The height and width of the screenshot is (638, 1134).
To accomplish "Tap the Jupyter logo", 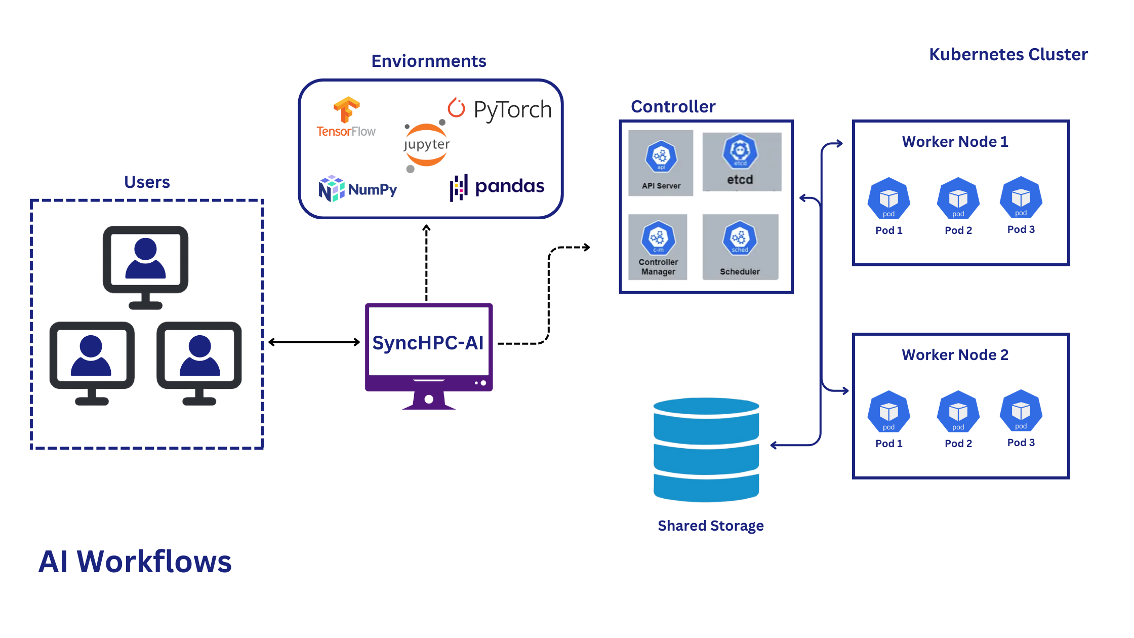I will (426, 145).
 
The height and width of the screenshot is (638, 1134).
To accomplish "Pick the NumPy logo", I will (357, 189).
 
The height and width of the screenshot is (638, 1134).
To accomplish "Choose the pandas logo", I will (497, 187).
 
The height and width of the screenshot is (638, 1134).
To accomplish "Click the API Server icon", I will (661, 157).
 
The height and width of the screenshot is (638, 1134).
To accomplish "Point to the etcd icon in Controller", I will (740, 151).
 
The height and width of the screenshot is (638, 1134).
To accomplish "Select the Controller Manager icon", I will (658, 238).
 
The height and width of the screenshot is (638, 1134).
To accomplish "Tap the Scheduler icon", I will (740, 238).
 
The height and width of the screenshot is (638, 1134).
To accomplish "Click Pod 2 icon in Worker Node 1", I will (958, 199).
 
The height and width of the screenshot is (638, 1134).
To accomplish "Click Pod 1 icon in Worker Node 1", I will (888, 199).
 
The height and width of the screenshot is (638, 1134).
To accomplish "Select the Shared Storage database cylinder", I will (706, 450).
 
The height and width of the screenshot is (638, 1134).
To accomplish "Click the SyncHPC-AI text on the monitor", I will (428, 343).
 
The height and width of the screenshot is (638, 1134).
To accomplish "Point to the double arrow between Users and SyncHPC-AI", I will (314, 342).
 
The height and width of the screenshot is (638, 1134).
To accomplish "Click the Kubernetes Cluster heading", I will (1008, 54).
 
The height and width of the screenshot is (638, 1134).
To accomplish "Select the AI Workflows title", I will (135, 562).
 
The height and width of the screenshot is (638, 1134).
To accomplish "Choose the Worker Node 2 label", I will (955, 355).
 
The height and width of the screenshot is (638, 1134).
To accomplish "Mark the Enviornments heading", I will (429, 61).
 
